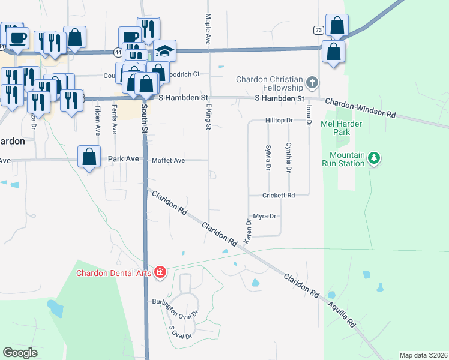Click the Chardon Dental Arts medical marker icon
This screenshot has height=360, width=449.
pyautogui.click(x=160, y=273)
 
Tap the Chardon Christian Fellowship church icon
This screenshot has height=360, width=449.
pyautogui.click(x=312, y=82)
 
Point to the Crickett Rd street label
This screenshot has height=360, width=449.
pyautogui.click(x=279, y=196)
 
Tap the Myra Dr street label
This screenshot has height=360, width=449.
pyautogui.click(x=264, y=216)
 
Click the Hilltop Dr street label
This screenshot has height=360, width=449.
pyautogui.click(x=279, y=121)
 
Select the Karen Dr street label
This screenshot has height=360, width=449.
pyautogui.click(x=247, y=231)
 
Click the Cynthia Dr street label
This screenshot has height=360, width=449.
pyautogui.click(x=289, y=158)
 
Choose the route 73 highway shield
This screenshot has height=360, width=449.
pyautogui.click(x=318, y=29)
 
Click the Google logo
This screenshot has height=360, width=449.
pyautogui.click(x=20, y=352)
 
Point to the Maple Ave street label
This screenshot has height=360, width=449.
pyautogui.click(x=208, y=30)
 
